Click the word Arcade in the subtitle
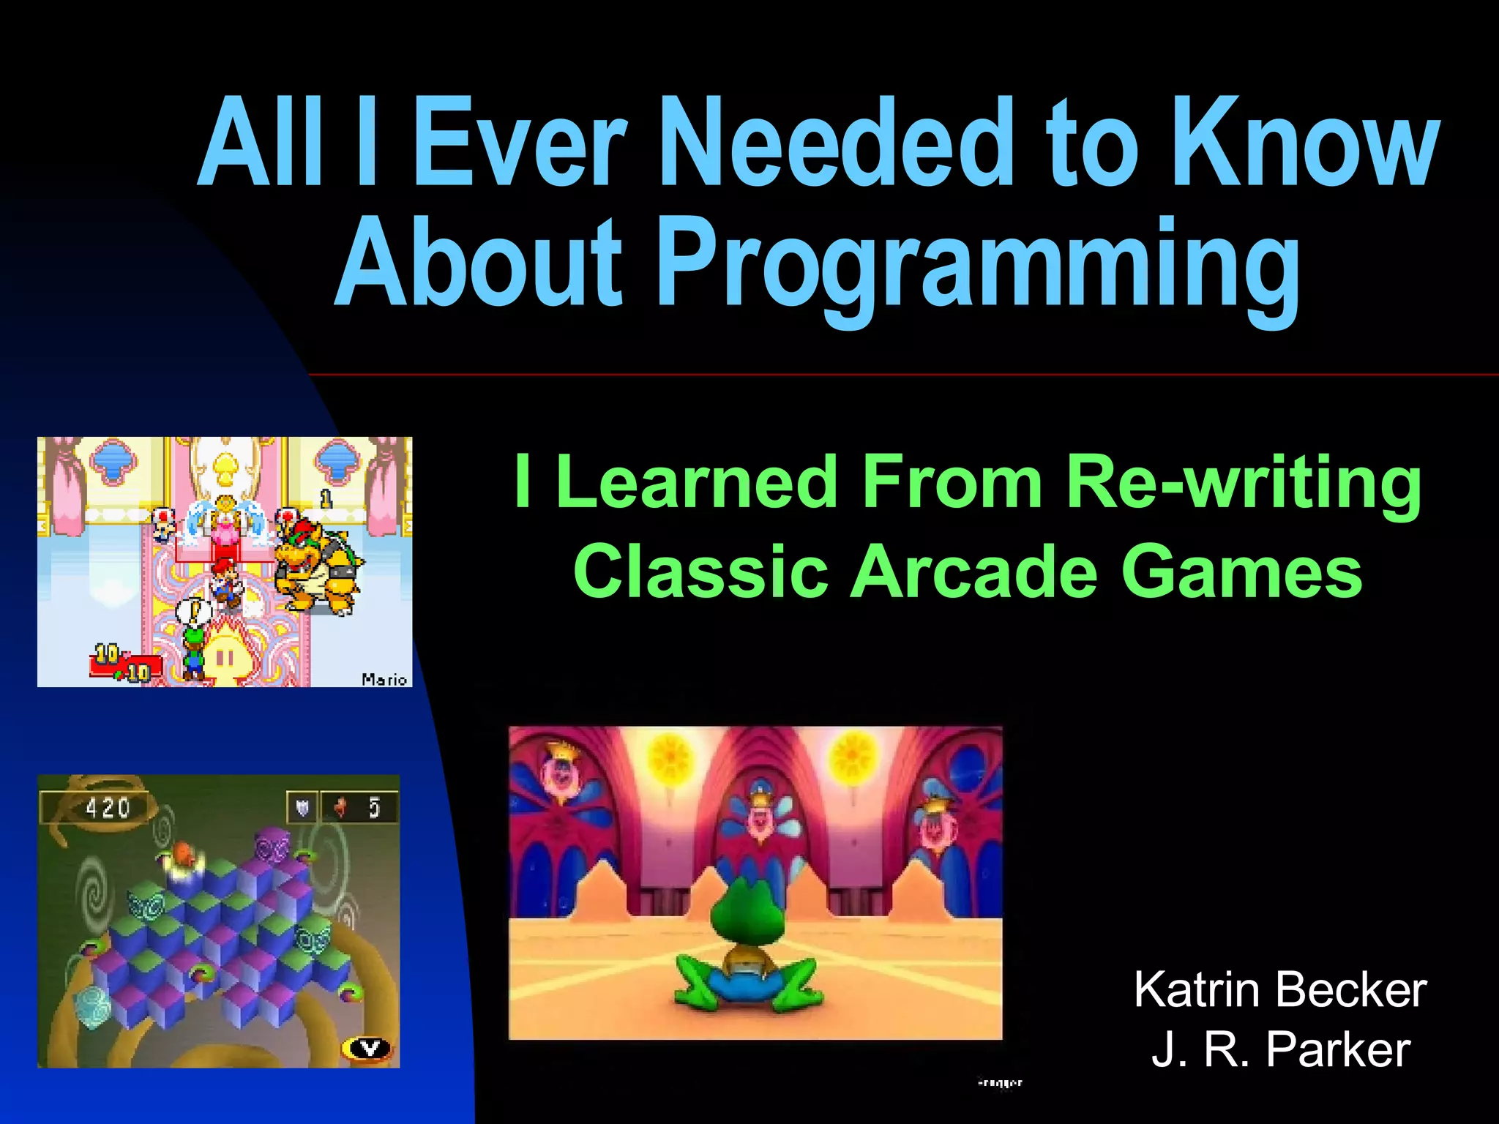[x=973, y=572]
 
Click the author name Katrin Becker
[x=1280, y=990]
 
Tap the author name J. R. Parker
[x=1280, y=1049]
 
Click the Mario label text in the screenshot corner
[x=384, y=680]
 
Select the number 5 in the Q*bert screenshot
[x=374, y=808]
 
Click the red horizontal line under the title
[x=900, y=375]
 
